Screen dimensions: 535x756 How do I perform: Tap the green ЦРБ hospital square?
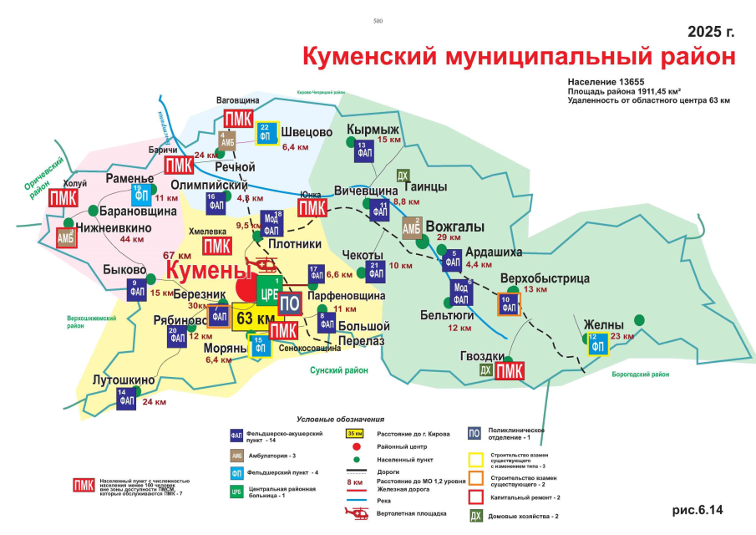tap(269, 293)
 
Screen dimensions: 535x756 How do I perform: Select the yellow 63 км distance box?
tap(255, 319)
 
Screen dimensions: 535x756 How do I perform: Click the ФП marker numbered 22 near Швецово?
tap(265, 134)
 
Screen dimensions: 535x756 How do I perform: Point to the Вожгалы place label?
tap(454, 227)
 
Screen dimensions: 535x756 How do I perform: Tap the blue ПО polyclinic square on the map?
tap(289, 304)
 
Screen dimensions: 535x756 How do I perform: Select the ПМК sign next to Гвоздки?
tap(510, 370)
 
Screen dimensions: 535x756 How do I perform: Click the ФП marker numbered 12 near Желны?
tap(596, 343)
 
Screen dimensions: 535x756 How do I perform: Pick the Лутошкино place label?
tap(123, 380)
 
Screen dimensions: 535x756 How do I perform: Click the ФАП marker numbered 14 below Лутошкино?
tap(126, 399)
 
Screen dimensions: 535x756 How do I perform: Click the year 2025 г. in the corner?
tap(711, 32)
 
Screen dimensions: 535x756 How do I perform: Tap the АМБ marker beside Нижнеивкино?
tap(66, 237)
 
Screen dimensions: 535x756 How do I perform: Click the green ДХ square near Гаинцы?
tap(403, 176)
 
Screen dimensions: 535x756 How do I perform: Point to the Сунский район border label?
tap(338, 369)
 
